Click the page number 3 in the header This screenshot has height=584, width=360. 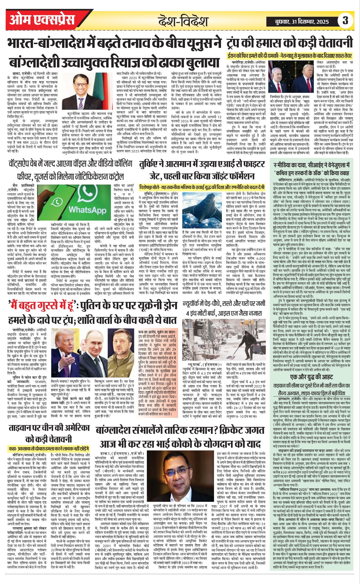coord(346,21)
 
